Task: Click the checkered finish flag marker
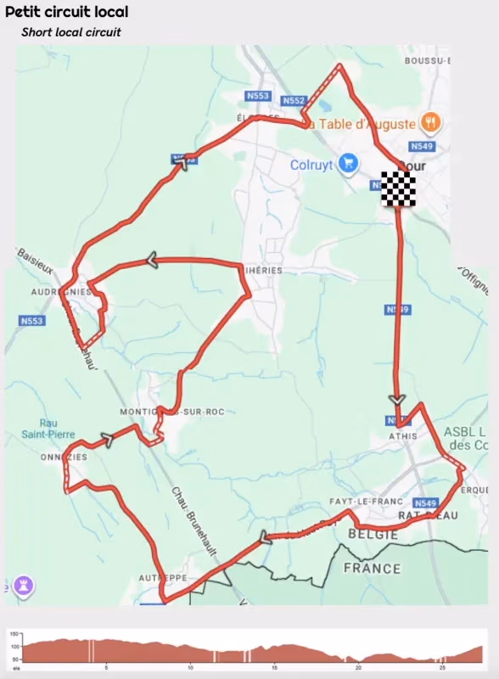point(398,188)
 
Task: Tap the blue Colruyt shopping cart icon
point(348,163)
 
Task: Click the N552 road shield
point(293,100)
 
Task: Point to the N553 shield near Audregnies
point(31,321)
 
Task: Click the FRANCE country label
point(372,568)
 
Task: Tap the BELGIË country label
point(372,536)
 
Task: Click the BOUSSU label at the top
point(427,61)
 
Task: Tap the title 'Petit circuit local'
point(67,13)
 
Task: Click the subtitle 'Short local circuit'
point(71,32)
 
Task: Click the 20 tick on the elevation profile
point(358,667)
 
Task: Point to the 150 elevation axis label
point(14,635)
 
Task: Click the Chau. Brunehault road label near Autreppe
point(193,521)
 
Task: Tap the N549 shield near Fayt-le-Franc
point(425,502)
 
